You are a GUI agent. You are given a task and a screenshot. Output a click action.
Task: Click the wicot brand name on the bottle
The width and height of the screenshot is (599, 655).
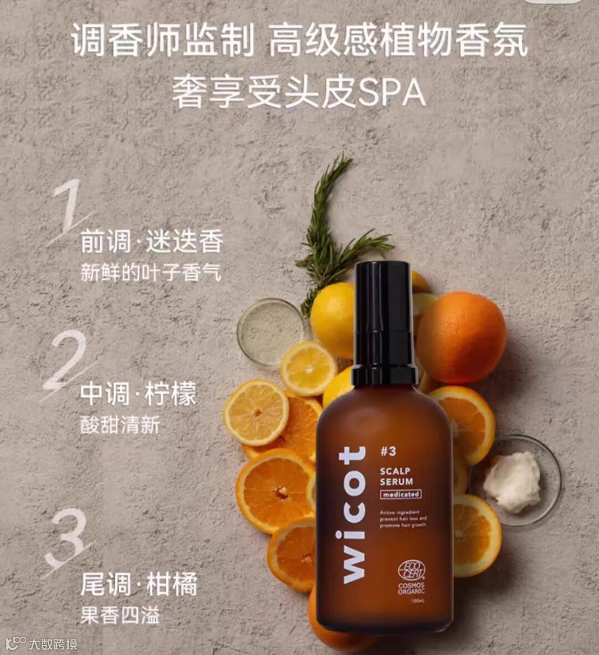[x=353, y=515]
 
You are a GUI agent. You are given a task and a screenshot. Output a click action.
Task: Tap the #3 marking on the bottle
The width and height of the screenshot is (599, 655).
[x=388, y=451]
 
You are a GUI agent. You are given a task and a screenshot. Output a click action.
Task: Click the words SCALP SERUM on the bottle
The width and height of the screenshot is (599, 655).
[x=396, y=476]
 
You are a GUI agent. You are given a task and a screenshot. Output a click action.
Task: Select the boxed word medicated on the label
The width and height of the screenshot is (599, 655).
[x=401, y=494]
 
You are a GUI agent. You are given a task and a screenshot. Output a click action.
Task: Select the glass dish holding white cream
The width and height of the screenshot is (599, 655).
[x=516, y=480]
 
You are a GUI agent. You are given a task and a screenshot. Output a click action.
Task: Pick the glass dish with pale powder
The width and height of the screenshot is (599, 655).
[x=271, y=331]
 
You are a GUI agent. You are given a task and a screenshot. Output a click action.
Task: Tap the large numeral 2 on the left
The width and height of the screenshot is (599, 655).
[x=66, y=361]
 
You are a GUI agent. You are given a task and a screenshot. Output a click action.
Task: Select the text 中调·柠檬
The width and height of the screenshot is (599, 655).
[x=138, y=394]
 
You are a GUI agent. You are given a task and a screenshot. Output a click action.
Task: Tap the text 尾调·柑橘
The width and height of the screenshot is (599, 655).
[x=139, y=585]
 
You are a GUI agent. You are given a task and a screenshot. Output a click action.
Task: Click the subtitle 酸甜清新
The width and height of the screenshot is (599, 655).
[x=120, y=425]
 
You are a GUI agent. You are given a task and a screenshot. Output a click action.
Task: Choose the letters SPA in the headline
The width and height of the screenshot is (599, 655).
[x=392, y=93]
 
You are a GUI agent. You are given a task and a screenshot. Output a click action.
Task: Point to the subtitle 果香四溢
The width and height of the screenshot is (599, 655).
[x=120, y=615]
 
